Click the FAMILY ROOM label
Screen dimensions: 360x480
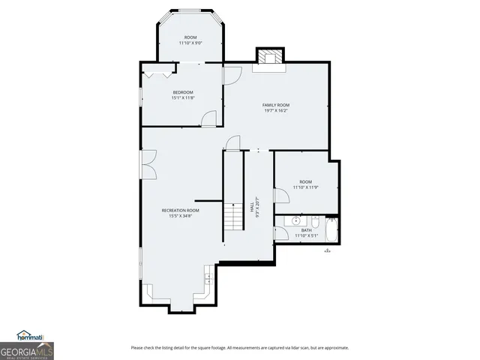[275, 105]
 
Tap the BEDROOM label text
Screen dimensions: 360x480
[183, 92]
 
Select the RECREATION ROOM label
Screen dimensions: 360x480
[180, 211]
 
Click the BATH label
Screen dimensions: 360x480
[307, 230]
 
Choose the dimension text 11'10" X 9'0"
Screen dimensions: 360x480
[190, 43]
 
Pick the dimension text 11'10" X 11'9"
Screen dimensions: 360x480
[306, 187]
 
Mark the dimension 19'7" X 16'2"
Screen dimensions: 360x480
[275, 111]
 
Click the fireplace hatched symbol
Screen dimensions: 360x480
[270, 57]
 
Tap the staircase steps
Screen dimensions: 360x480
[232, 217]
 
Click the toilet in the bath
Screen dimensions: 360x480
[315, 222]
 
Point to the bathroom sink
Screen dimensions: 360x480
[296, 221]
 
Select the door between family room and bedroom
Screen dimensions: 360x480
[232, 75]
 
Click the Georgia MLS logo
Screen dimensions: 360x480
[27, 350]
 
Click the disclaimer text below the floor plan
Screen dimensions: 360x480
[239, 347]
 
